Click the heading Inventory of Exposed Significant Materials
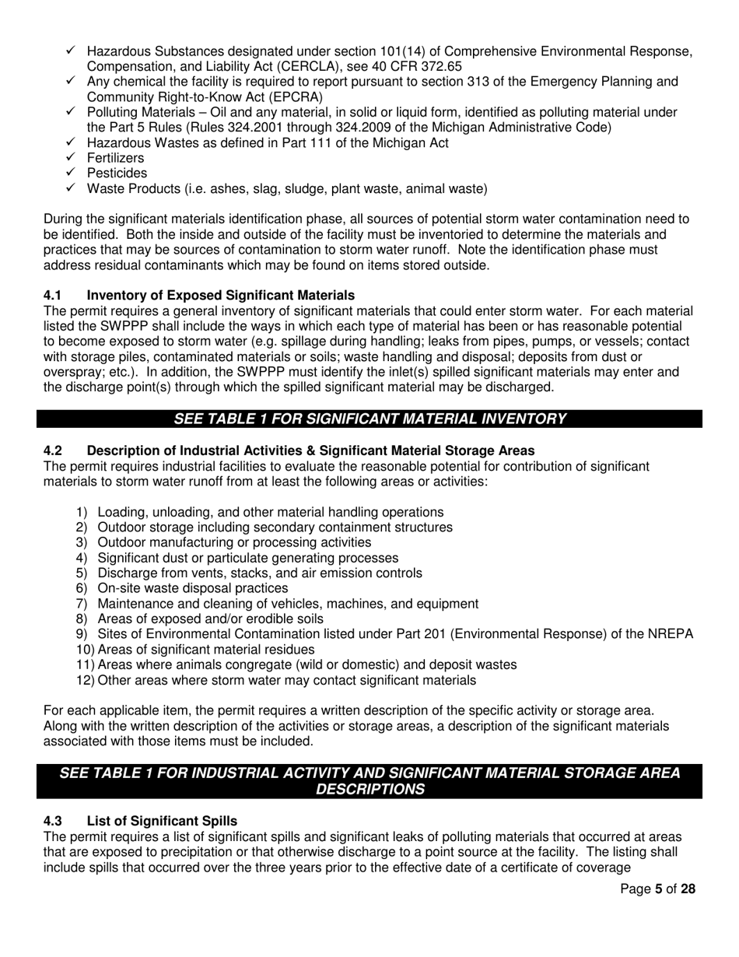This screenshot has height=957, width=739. tap(220, 296)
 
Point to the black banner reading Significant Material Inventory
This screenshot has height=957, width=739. tap(369, 419)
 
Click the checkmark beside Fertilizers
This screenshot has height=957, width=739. tap(71, 158)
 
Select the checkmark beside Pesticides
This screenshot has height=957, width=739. tap(71, 173)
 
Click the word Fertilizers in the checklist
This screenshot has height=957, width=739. tap(115, 158)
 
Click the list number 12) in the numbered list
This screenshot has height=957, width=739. tap(85, 680)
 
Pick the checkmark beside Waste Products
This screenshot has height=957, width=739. tap(71, 188)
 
